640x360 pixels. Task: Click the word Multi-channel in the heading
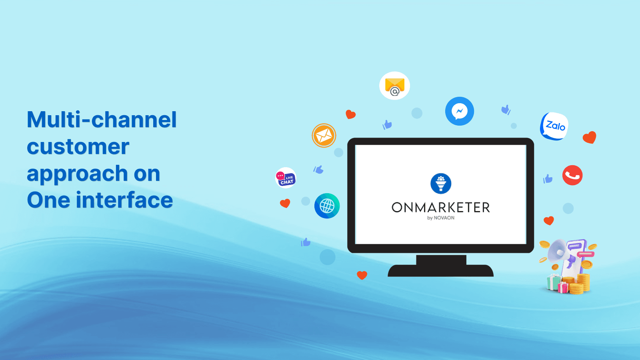102,120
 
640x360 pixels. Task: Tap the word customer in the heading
78,147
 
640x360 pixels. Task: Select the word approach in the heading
77,174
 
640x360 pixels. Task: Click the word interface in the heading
124,200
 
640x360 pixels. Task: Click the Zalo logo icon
554,126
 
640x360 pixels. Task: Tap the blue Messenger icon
460,111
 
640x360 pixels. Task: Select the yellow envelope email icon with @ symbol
394,86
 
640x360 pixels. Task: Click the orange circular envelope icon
324,136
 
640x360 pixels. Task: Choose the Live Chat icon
286,178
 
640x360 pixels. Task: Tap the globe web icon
327,206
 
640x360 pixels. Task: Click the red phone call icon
572,175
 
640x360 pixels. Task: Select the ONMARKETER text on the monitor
440,208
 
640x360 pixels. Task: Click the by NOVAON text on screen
440,218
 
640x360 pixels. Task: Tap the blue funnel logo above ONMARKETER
441,184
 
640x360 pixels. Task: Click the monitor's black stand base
440,270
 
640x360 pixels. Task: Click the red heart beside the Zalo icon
590,137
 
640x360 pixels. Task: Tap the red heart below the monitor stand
362,275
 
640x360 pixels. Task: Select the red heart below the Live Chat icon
285,203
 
